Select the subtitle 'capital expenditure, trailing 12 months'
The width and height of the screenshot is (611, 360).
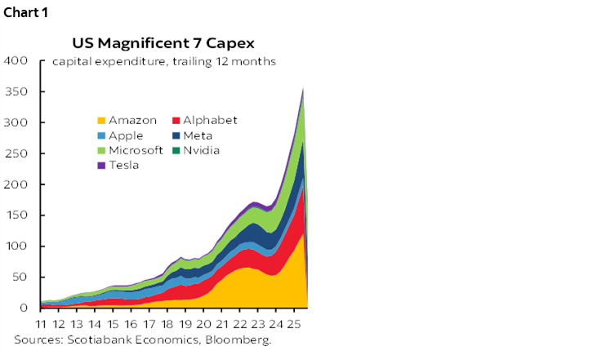(164, 61)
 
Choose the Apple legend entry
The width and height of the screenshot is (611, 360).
(119, 136)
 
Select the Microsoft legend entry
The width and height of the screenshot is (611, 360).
(126, 150)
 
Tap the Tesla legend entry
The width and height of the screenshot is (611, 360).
(118, 165)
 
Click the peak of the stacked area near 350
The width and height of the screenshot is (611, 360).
(304, 88)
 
